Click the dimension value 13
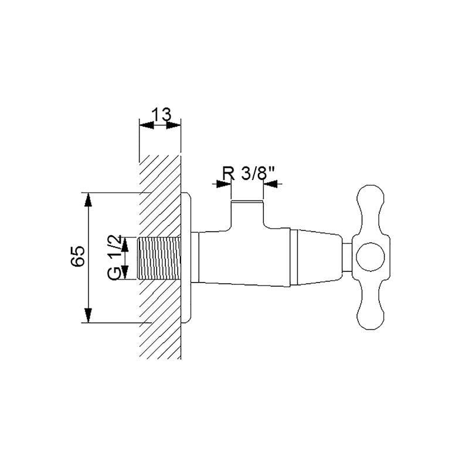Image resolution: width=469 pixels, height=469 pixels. pos(162,114)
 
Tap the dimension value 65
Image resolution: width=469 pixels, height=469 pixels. pos(78,256)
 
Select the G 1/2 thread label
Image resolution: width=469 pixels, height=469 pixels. pos(114,257)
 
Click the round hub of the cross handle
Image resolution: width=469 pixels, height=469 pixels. pos(371,257)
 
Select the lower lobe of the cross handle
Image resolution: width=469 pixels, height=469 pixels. pos(371,304)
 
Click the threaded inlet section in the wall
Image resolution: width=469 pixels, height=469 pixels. pos(159,258)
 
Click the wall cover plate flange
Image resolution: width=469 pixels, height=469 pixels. pos(185,258)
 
